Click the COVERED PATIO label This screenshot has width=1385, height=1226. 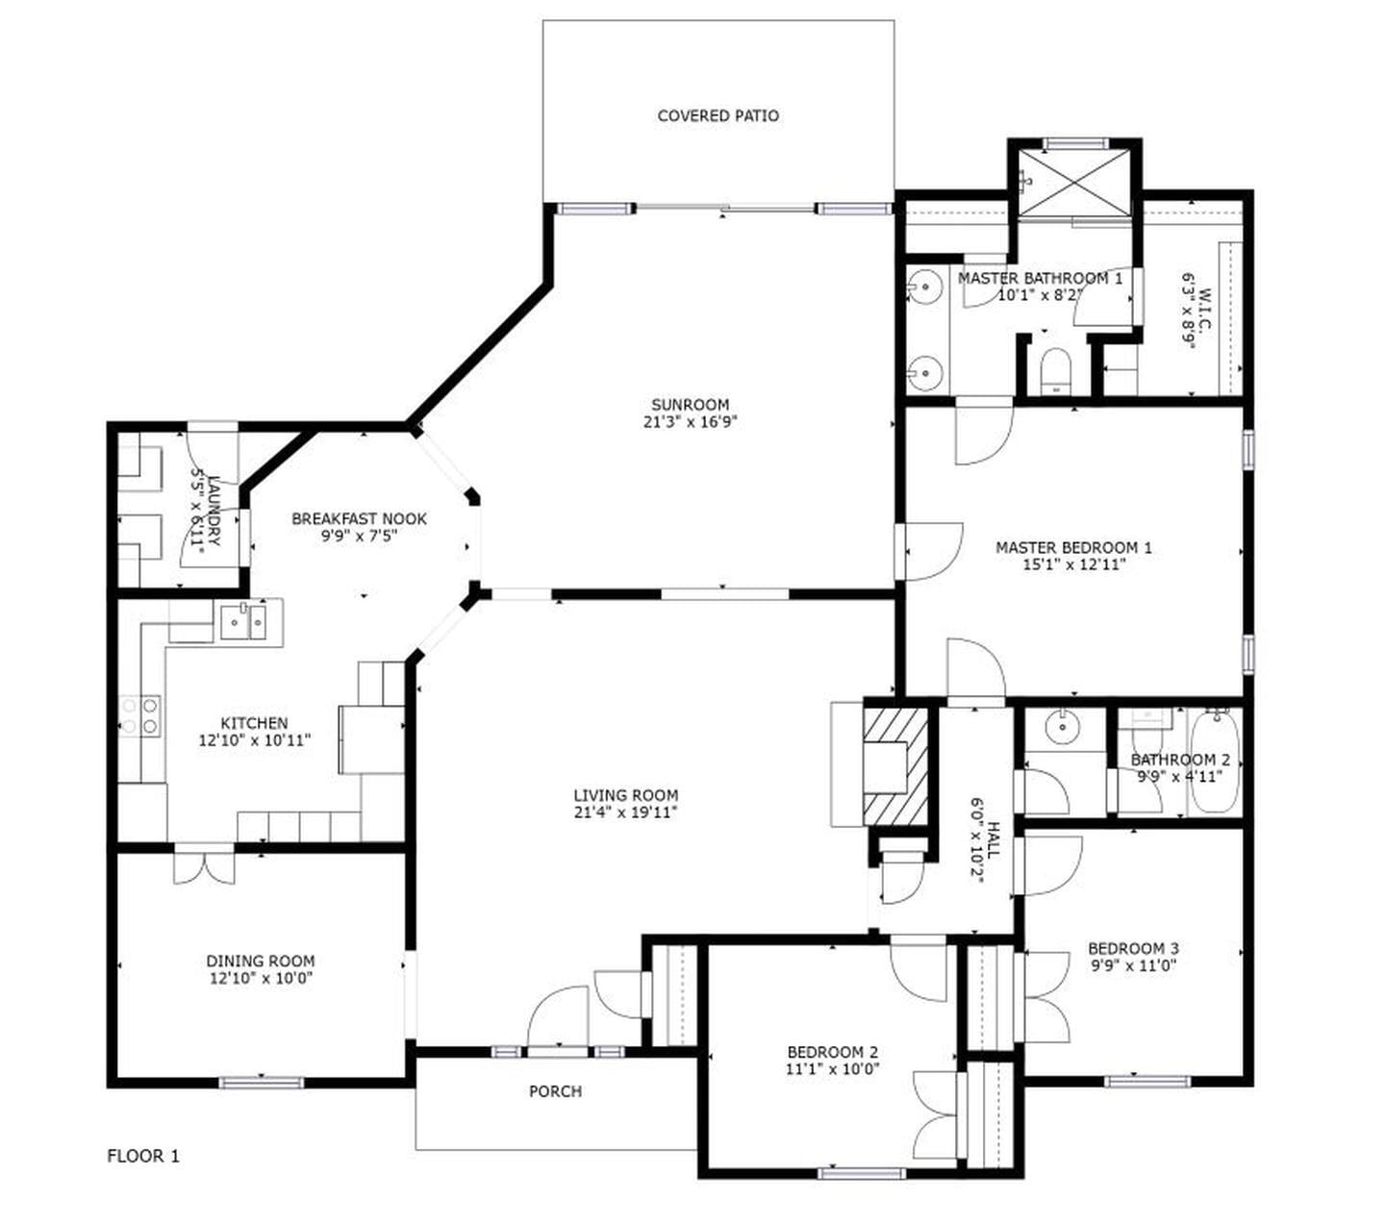coord(718,115)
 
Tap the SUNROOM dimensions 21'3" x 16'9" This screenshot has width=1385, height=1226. coord(690,421)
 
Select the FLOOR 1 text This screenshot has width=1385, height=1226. coord(142,1156)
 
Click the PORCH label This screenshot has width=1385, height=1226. coord(555,1091)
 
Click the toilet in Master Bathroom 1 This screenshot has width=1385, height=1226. coord(1055,370)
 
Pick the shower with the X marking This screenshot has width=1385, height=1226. coord(1073,180)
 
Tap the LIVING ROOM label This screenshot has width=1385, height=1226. coord(625,795)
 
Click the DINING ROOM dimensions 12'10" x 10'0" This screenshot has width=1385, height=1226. coord(260,978)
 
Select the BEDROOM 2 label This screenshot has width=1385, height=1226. coord(832,1052)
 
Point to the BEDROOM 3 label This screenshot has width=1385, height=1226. coord(1133,947)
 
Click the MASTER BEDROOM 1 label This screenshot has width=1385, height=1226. coord(1073,547)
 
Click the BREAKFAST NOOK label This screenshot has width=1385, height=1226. coord(359,519)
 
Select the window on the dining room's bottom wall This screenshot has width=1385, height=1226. coord(261,1082)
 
